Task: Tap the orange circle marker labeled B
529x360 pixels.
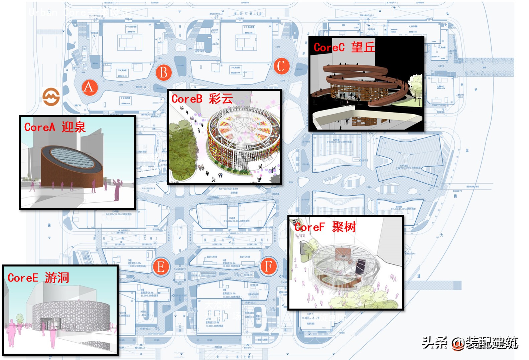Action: click(163, 72)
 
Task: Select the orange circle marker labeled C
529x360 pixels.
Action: click(281, 66)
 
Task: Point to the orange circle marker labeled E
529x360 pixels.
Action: click(161, 267)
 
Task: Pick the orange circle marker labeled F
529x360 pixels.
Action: click(269, 266)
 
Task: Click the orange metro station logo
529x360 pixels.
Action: click(51, 97)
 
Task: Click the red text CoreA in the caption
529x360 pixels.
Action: click(40, 127)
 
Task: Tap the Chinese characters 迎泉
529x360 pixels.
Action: click(74, 127)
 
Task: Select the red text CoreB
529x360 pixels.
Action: click(187, 99)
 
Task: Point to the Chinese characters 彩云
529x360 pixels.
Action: click(221, 99)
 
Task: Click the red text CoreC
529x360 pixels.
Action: click(329, 47)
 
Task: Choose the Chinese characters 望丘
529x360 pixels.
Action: click(363, 47)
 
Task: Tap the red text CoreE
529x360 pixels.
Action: click(23, 278)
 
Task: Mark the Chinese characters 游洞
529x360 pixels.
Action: click(57, 278)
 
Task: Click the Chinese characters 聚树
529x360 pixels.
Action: click(344, 227)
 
